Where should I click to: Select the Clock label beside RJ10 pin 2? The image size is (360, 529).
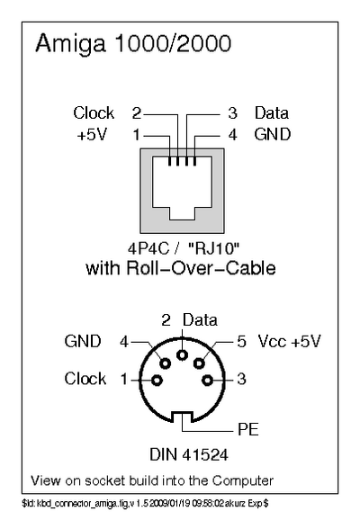[94, 113]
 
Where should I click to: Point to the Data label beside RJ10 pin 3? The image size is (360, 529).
[271, 113]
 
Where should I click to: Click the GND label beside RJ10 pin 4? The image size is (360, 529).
[271, 135]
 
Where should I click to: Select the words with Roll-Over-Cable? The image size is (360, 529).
[180, 268]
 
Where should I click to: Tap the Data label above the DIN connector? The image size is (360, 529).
[200, 320]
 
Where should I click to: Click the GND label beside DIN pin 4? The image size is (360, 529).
[83, 342]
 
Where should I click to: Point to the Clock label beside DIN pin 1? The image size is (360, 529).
[85, 379]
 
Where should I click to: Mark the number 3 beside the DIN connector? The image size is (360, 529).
[241, 379]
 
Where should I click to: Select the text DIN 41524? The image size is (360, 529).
[181, 450]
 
